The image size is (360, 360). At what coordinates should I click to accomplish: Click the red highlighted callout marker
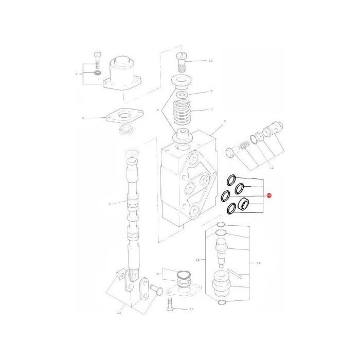pyautogui.click(x=269, y=195)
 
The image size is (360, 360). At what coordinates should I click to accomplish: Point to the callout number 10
pyautogui.click(x=210, y=61)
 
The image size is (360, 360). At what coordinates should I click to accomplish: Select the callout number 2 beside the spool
pyautogui.click(x=110, y=204)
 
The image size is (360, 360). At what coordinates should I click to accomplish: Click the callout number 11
pyautogui.click(x=191, y=310)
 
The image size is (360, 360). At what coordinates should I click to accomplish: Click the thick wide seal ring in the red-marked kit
pyautogui.click(x=245, y=204)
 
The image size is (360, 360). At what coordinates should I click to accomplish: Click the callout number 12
pyautogui.click(x=272, y=168)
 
